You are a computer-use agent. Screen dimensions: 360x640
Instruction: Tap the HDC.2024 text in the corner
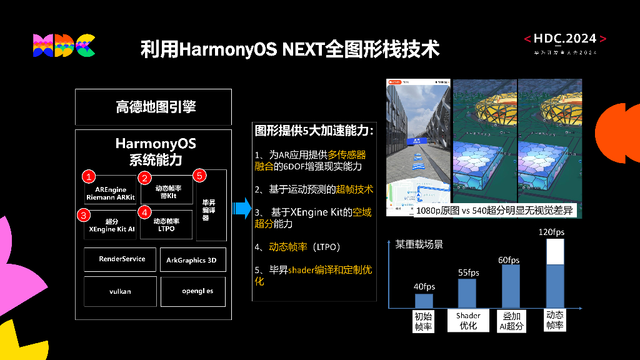pyautogui.click(x=565, y=39)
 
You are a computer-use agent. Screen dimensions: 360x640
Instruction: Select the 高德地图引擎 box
pyautogui.click(x=153, y=107)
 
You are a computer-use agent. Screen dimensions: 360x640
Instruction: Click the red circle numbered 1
pyautogui.click(x=89, y=177)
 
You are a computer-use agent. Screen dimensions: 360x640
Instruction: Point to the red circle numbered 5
pyautogui.click(x=199, y=176)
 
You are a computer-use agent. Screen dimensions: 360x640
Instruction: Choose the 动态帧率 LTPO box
pyautogui.click(x=166, y=225)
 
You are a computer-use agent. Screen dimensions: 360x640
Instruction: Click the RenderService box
pyautogui.click(x=122, y=259)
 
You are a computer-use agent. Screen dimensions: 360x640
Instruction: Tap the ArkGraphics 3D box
pyautogui.click(x=192, y=259)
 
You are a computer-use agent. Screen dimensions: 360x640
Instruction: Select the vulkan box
pyautogui.click(x=120, y=291)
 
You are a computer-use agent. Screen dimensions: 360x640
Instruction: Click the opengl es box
pyautogui.click(x=193, y=291)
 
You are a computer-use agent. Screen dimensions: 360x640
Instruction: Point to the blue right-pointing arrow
pyautogui.click(x=240, y=207)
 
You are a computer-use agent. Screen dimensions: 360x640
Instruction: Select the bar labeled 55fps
pyautogui.click(x=467, y=293)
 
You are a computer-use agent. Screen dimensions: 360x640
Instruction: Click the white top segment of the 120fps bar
pyautogui.click(x=555, y=251)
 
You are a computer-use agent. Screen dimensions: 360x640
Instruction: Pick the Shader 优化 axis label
pyautogui.click(x=468, y=321)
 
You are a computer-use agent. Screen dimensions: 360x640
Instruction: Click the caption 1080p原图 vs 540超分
pyautogui.click(x=494, y=211)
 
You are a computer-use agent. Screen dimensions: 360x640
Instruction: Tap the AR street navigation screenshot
pyautogui.click(x=417, y=147)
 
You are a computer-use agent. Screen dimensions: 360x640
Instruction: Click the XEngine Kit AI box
pyautogui.click(x=111, y=226)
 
